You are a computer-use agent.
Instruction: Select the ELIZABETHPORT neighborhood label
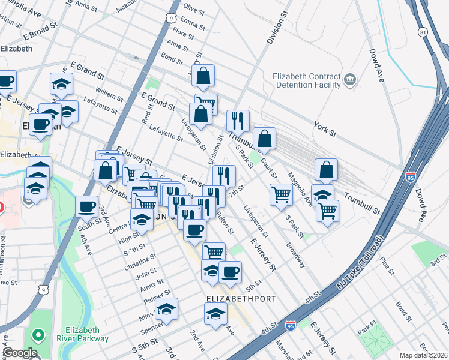tap(241, 298)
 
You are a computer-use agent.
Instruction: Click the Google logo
tap(20, 353)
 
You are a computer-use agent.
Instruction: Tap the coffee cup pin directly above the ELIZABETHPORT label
tap(230, 271)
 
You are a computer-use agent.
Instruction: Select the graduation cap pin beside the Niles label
tap(166, 309)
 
